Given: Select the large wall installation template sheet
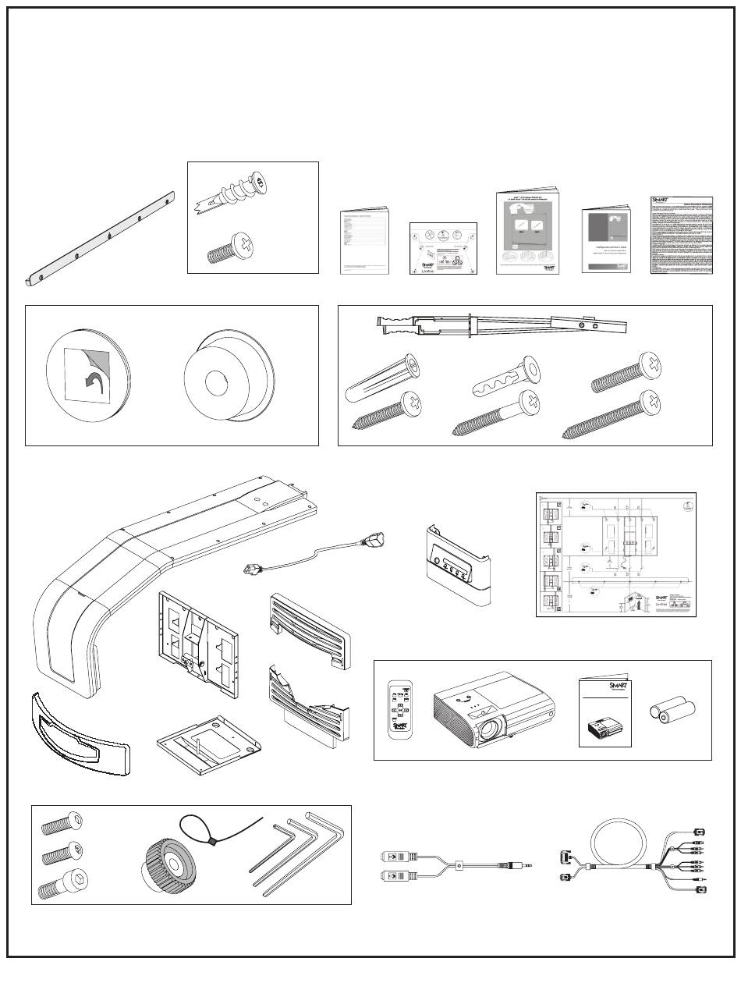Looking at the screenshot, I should [x=615, y=554].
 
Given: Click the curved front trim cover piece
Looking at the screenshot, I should [x=78, y=732].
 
